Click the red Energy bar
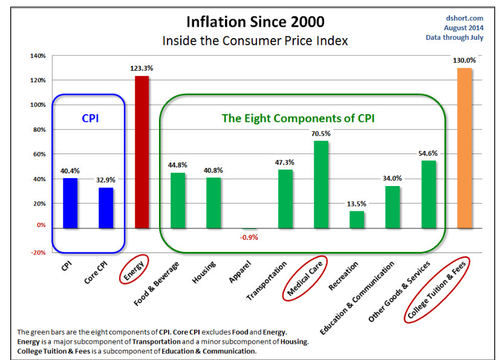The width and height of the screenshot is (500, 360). (141, 152)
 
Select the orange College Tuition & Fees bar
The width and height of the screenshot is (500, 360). (464, 148)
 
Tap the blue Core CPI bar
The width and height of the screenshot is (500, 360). (106, 208)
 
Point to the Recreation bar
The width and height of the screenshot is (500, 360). (357, 219)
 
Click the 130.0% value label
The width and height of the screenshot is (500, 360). (464, 60)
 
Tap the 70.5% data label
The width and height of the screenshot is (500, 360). (320, 133)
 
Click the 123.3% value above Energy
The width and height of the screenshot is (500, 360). (141, 68)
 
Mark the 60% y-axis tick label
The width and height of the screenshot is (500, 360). (39, 155)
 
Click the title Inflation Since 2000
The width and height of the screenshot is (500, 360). (255, 22)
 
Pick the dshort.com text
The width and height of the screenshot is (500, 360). (462, 18)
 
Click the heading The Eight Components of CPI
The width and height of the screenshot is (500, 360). (298, 118)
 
